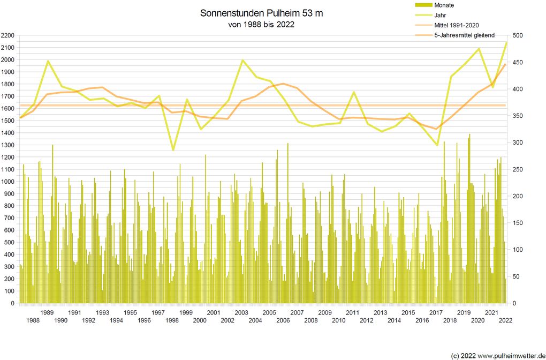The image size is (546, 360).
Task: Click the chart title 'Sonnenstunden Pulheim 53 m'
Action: [262, 13]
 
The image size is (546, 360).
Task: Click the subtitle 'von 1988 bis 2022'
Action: [262, 25]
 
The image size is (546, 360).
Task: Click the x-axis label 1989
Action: [47, 312]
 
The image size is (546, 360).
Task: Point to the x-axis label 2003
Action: [241, 312]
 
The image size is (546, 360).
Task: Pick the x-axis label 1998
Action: [172, 320]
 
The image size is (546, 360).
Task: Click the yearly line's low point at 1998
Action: [173, 150]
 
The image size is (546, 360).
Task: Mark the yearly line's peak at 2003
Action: [242, 60]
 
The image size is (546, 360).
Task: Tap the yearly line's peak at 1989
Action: [48, 61]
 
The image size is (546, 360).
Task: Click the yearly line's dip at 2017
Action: [437, 145]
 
